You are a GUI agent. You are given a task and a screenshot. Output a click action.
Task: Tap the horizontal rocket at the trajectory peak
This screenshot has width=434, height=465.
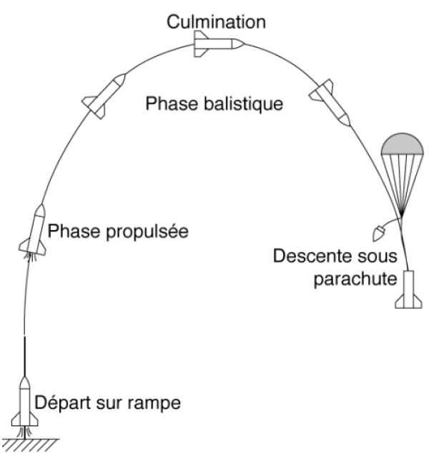point(219,44)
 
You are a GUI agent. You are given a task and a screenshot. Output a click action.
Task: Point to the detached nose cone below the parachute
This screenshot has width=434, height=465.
point(380,233)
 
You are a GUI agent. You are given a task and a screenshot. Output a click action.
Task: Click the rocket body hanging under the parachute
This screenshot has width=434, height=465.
point(407,289)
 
